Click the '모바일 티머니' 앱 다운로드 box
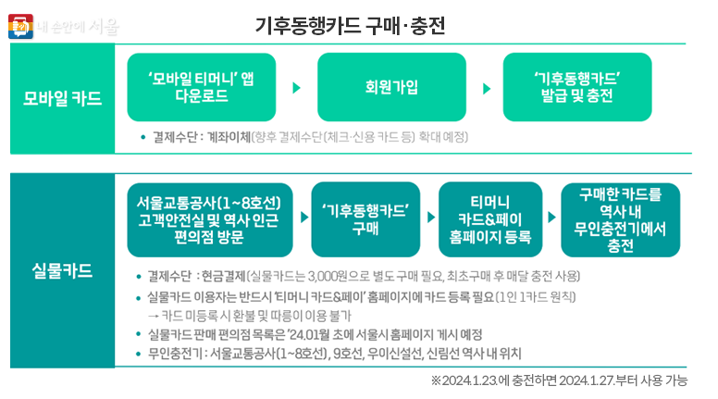[201, 86]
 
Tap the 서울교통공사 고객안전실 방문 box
[207, 219]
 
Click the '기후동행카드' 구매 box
[365, 219]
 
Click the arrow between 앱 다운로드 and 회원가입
[296, 88]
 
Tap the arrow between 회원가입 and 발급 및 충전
[486, 88]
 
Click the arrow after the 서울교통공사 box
[304, 220]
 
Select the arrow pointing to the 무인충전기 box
[552, 220]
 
